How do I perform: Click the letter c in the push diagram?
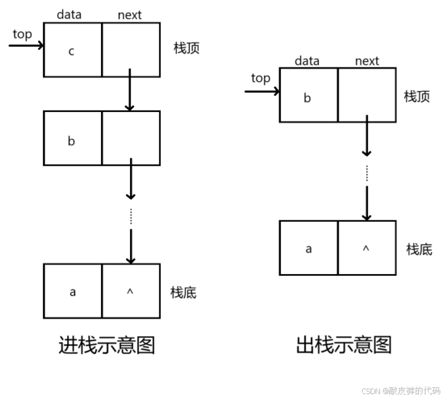71,51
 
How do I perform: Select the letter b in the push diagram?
71,141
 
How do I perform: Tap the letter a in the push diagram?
72,292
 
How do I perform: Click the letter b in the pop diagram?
307,97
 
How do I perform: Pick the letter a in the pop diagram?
308,249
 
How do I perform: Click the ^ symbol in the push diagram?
130,291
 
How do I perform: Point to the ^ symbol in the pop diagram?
366,248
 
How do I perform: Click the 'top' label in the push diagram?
22,34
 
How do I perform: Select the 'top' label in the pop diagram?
260,78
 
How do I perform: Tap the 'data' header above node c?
69,15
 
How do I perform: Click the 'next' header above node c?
129,15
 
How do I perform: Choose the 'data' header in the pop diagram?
307,60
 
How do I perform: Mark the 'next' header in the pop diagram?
367,60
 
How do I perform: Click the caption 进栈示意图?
107,345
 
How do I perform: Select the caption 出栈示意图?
344,345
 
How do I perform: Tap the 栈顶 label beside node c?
187,48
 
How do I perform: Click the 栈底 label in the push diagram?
183,293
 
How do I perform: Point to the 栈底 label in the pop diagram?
419,249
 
